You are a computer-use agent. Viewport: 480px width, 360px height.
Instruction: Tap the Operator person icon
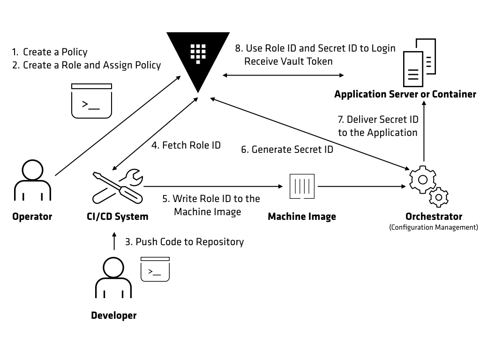[x=32, y=180]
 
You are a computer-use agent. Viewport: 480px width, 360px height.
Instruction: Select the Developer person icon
[x=113, y=279]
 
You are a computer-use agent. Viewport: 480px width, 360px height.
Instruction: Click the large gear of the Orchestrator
[x=422, y=179]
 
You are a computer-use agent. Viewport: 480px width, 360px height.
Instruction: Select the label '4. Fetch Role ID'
[x=186, y=145]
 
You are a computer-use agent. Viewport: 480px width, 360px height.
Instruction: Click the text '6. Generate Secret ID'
[x=287, y=150]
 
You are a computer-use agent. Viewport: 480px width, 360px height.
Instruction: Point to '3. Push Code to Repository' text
[x=184, y=242]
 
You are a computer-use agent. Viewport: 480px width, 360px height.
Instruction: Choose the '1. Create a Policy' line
[x=50, y=52]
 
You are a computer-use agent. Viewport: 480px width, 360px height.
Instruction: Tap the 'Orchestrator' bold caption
[x=434, y=217]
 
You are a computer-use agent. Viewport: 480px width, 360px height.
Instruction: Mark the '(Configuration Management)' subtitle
[x=434, y=227]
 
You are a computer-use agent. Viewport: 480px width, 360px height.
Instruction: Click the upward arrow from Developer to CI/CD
[x=113, y=242]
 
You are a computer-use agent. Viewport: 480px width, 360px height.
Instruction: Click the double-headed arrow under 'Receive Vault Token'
[x=283, y=75]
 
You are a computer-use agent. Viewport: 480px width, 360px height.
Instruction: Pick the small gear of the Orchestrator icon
[x=439, y=197]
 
